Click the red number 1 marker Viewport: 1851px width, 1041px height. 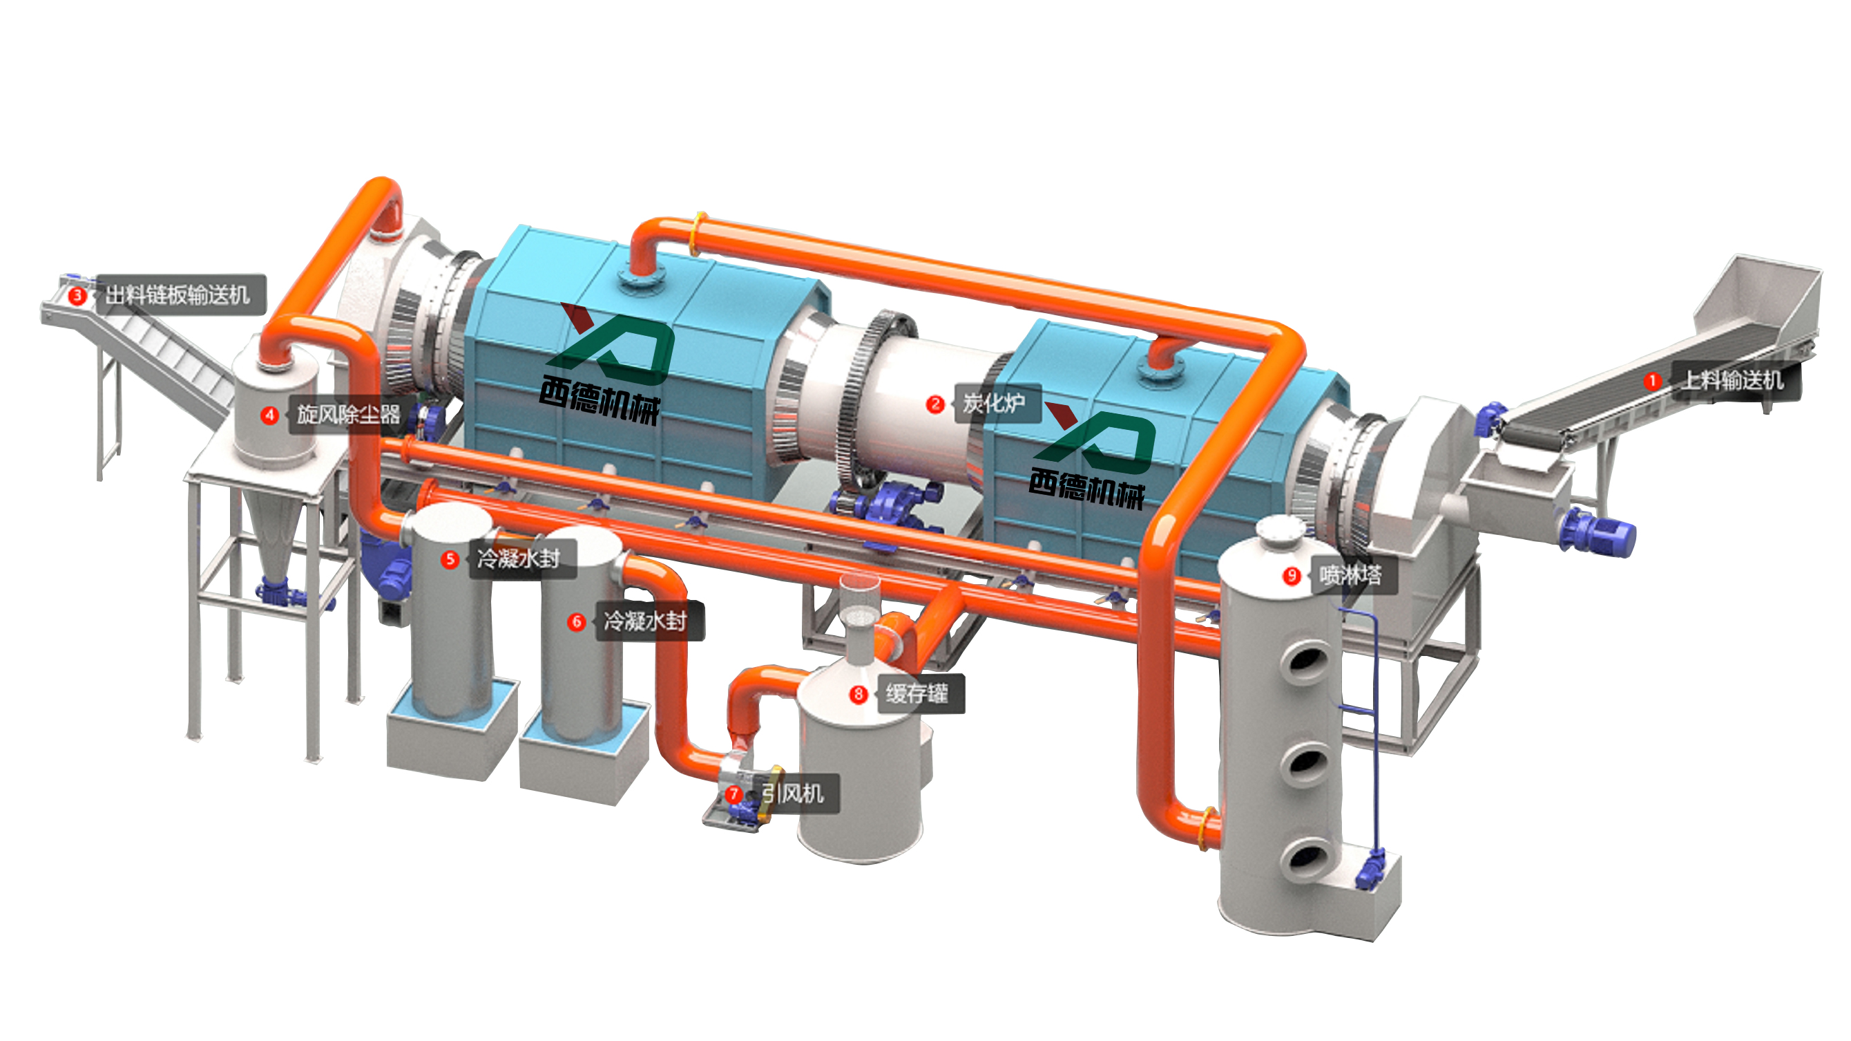point(1652,380)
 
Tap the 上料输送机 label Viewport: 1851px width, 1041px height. point(1732,380)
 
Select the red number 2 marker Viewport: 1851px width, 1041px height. point(935,404)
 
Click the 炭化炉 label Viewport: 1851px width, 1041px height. point(994,403)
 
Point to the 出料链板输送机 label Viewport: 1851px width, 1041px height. point(178,294)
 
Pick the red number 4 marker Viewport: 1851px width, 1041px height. point(269,415)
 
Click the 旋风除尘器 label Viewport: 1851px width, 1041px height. point(349,414)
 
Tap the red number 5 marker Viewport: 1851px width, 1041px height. point(450,559)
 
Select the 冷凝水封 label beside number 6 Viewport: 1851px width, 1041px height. point(645,621)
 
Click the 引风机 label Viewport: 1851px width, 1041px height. point(794,794)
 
